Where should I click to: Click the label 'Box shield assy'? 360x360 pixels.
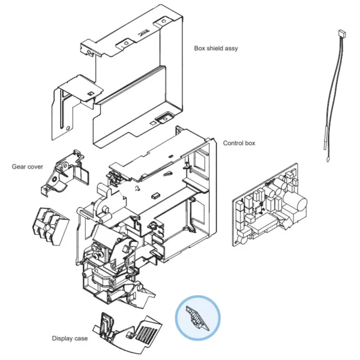pos(215,48)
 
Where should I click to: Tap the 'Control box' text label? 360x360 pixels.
pos(239,143)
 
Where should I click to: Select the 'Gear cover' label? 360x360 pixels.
pos(27,166)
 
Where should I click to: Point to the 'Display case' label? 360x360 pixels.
pos(70,339)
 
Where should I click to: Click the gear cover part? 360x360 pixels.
pos(68,171)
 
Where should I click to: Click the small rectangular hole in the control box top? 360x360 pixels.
pos(155,195)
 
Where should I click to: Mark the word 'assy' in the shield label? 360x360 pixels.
pos(231,48)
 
